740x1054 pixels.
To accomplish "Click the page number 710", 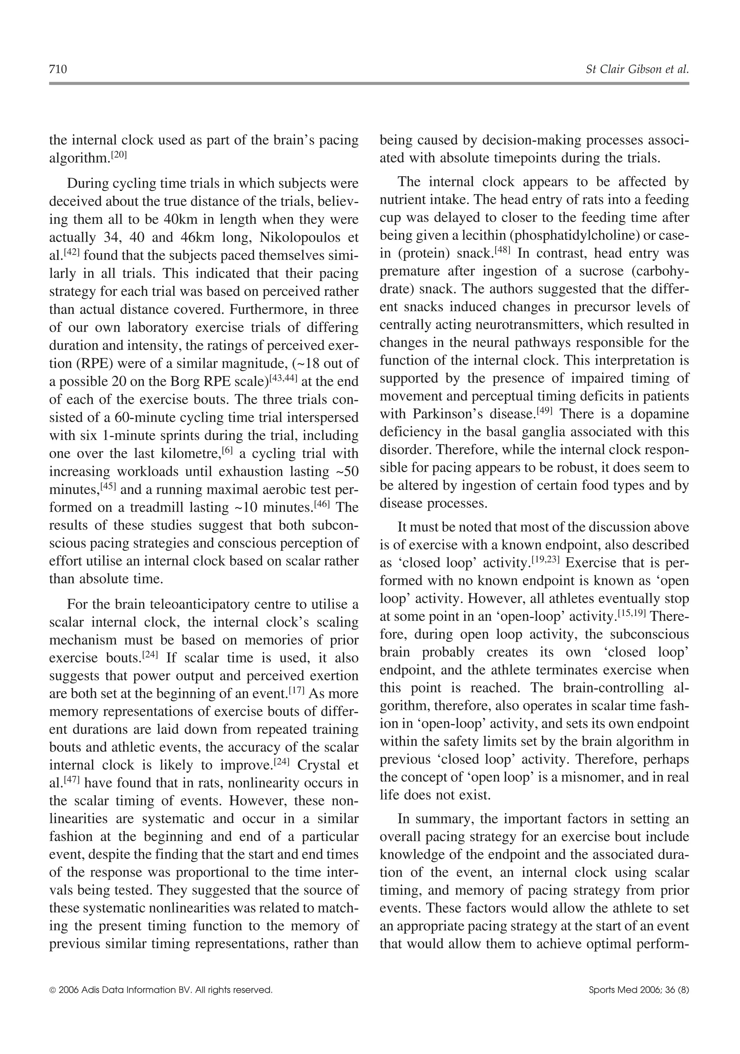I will click(58, 69).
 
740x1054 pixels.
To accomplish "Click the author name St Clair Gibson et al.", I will click(637, 69).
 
